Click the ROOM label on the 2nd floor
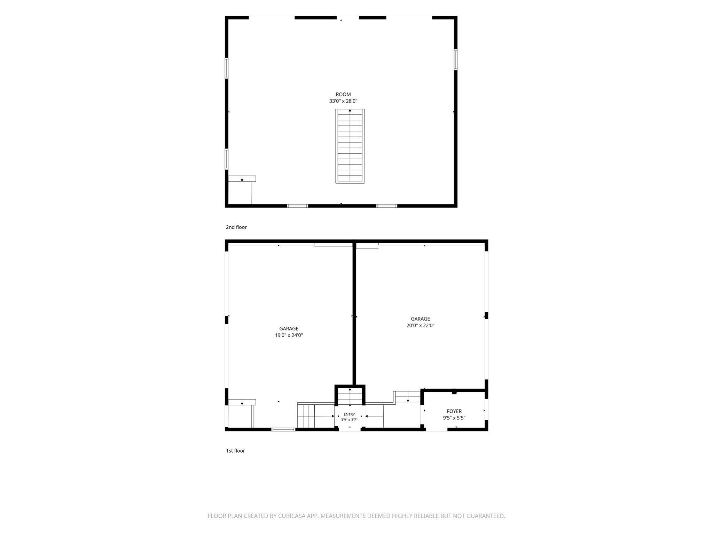pyautogui.click(x=343, y=94)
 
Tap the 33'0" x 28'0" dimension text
pyautogui.click(x=343, y=101)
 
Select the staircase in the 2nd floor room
pyautogui.click(x=350, y=146)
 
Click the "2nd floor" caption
pyautogui.click(x=236, y=227)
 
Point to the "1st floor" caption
pyautogui.click(x=235, y=451)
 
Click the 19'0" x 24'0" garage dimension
pyautogui.click(x=289, y=335)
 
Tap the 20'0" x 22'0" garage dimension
pyautogui.click(x=420, y=326)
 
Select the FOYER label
pyautogui.click(x=454, y=411)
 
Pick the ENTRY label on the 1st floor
pyautogui.click(x=349, y=414)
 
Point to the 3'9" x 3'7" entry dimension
pyautogui.click(x=349, y=420)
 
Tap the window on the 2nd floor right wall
pyautogui.click(x=455, y=60)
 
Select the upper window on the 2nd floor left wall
pyautogui.click(x=227, y=68)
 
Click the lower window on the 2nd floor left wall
pyautogui.click(x=227, y=159)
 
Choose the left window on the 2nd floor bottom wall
pyautogui.click(x=298, y=206)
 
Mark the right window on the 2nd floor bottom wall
pyautogui.click(x=387, y=206)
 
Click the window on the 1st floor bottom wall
pyautogui.click(x=283, y=429)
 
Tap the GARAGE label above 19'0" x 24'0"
pyautogui.click(x=289, y=329)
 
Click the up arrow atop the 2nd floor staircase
pyautogui.click(x=350, y=111)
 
